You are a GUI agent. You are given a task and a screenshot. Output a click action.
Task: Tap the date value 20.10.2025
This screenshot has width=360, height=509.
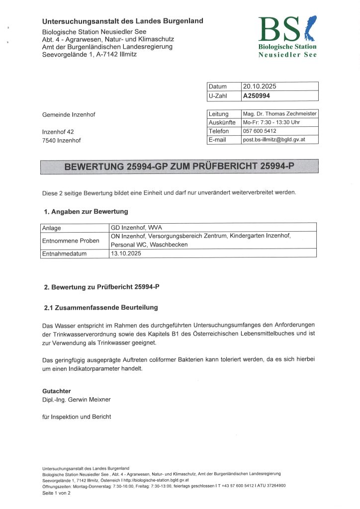pyautogui.click(x=260, y=86)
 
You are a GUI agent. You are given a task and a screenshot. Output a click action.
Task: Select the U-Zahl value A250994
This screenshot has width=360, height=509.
pyautogui.click(x=257, y=96)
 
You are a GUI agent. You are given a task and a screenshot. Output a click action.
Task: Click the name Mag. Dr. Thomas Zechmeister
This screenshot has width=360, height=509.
pyautogui.click(x=279, y=114)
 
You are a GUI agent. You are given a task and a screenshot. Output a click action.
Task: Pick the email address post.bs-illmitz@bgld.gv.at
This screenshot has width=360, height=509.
pyautogui.click(x=273, y=140)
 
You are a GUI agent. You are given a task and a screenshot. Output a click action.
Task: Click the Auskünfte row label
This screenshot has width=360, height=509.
pyautogui.click(x=222, y=122)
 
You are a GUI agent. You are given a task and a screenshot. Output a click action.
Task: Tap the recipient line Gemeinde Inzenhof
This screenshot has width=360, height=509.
pyautogui.click(x=69, y=115)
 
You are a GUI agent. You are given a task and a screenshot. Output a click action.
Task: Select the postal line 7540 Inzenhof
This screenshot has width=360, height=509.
pyautogui.click(x=61, y=140)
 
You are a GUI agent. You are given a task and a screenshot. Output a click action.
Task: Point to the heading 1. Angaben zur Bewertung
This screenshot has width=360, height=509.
pyautogui.click(x=86, y=212)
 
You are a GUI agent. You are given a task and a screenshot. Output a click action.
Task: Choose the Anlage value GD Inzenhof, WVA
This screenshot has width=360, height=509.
pyautogui.click(x=134, y=228)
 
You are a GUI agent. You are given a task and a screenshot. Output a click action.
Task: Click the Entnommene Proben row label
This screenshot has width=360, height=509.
pyautogui.click(x=71, y=241)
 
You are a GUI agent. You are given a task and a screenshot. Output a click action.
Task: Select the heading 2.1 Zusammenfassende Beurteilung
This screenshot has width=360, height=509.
pyautogui.click(x=101, y=308)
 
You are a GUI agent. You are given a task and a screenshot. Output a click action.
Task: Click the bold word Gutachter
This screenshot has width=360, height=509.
pyautogui.click(x=56, y=391)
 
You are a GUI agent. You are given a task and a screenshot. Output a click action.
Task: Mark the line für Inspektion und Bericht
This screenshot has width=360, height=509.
pyautogui.click(x=77, y=417)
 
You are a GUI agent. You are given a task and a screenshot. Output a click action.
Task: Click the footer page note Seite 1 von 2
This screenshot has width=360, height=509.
pyautogui.click(x=56, y=493)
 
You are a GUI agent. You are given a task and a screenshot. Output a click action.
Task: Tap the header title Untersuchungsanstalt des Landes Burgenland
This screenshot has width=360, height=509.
pyautogui.click(x=122, y=21)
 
